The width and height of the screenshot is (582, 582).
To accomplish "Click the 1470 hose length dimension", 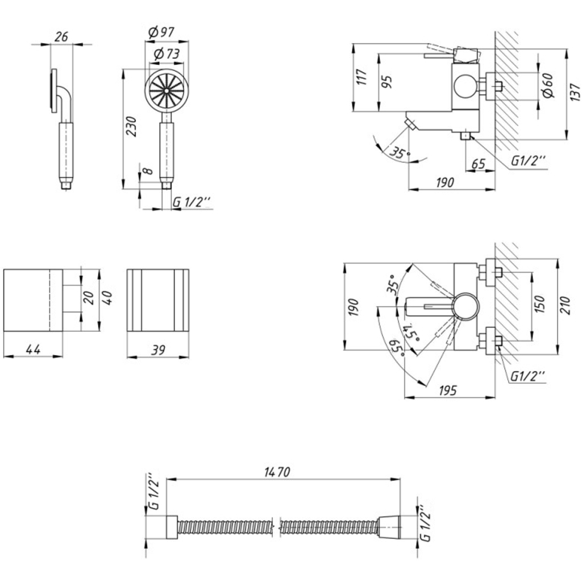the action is click(277, 472).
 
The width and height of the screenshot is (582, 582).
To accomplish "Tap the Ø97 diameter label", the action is click(161, 32).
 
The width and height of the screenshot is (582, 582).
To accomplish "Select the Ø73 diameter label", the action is click(167, 54).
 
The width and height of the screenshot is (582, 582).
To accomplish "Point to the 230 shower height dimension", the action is click(131, 126).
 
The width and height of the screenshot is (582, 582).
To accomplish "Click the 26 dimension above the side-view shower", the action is click(61, 37).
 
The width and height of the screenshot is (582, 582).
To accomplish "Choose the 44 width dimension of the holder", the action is click(33, 349).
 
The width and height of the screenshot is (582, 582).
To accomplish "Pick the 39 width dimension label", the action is click(158, 350).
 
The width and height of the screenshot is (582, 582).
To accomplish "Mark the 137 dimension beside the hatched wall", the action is click(574, 92).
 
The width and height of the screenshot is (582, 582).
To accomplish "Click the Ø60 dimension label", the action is click(547, 85).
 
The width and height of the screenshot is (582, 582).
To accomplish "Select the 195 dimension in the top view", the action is click(448, 390).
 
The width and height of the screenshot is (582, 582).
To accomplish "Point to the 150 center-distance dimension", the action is click(541, 304).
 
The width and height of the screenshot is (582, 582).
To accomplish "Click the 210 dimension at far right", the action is click(565, 305).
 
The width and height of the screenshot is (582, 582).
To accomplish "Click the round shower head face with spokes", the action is click(166, 90).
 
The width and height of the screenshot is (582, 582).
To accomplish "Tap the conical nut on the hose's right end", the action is click(390, 527).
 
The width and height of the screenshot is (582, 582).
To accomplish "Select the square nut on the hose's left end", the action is click(172, 527).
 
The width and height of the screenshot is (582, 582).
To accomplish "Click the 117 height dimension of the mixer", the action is click(362, 77).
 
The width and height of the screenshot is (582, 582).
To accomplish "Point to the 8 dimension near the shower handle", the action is click(147, 171).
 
